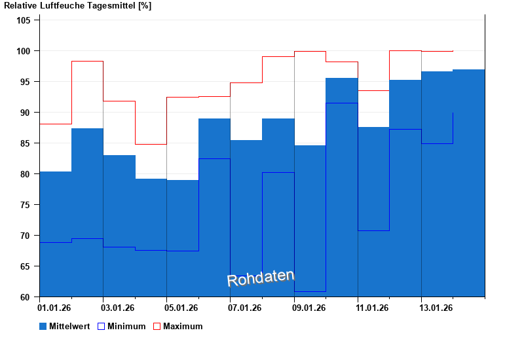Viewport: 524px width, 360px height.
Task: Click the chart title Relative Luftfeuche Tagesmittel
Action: tap(77, 6)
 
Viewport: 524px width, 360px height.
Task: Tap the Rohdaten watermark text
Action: tap(261, 278)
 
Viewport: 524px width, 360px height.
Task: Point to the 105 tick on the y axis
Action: tap(24, 20)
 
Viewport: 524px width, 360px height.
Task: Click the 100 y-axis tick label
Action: tap(24, 51)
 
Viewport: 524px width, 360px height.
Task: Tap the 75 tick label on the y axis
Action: tap(26, 205)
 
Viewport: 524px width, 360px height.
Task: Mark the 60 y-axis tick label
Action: tap(26, 297)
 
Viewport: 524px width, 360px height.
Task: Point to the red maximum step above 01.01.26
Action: tap(55, 124)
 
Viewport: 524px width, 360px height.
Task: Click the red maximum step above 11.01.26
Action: tap(373, 90)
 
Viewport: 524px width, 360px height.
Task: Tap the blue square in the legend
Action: tap(43, 326)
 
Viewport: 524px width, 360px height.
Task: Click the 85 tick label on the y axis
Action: tap(26, 143)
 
